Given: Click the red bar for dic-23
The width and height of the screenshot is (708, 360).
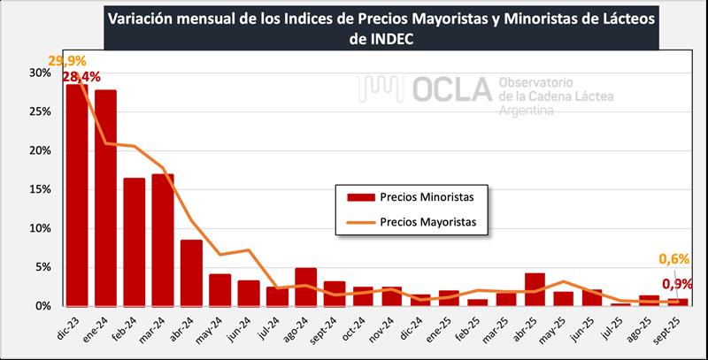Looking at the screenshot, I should pyautogui.click(x=77, y=195).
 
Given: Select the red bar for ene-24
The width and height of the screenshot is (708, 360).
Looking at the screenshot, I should pyautogui.click(x=105, y=198).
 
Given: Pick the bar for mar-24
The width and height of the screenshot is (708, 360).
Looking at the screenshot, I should pyautogui.click(x=163, y=240).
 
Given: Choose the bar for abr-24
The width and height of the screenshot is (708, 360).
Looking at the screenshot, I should pyautogui.click(x=191, y=272).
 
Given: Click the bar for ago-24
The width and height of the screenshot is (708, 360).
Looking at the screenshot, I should pyautogui.click(x=305, y=287).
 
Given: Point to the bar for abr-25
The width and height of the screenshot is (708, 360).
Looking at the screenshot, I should pyautogui.click(x=534, y=289).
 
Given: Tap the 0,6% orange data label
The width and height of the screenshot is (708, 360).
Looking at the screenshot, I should pyautogui.click(x=674, y=259).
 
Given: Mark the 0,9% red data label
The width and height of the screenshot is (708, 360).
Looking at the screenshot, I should pyautogui.click(x=678, y=284).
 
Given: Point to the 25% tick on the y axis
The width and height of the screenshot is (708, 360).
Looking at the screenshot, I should pyautogui.click(x=40, y=111).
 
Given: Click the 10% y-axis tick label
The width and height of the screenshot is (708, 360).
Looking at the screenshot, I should pyautogui.click(x=40, y=228).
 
